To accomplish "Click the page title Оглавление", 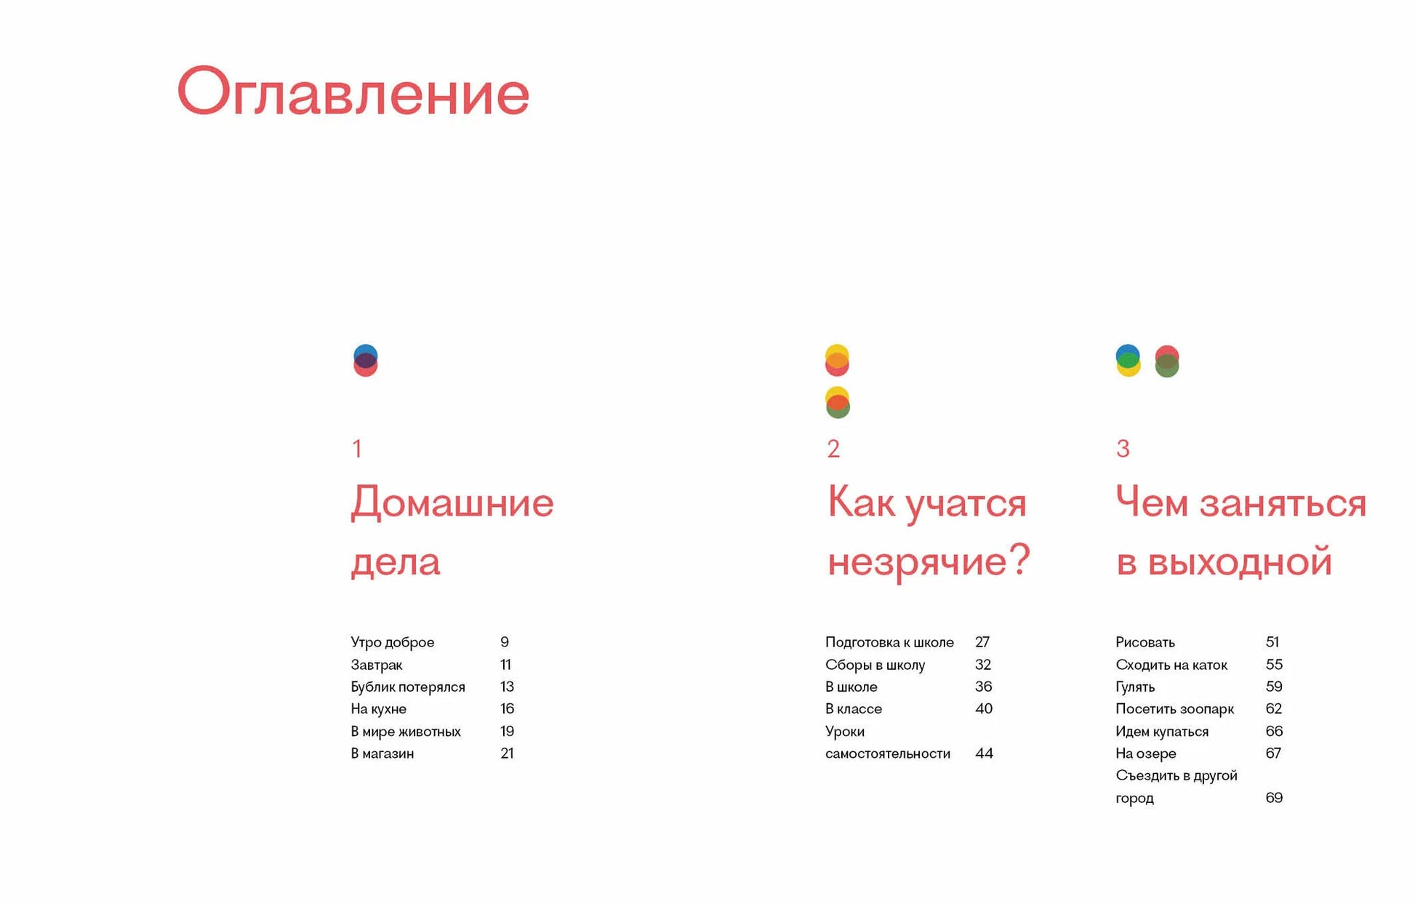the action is pos(353,92).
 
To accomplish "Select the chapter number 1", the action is pos(357,449).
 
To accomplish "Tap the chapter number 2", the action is pos(833,449).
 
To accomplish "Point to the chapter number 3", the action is pos(1123,449).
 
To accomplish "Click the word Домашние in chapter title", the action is pos(452,504).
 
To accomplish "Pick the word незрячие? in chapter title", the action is pos(929,561).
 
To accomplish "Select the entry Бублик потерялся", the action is pos(408,687).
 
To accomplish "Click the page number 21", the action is pos(507,753).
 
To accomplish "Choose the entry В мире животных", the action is pos(406,731).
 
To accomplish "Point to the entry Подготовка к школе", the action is pos(889,642).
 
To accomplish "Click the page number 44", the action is pos(984,753).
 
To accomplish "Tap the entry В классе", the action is pos(854,709).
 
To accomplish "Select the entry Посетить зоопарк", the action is pos(1175,709).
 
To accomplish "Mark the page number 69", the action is pos(1274,798).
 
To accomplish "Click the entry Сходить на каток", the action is pos(1171,665).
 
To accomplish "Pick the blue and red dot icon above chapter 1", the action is pos(366,361).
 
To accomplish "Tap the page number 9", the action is pos(505,642).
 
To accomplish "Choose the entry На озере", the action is pos(1146,753).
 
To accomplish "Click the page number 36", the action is pos(984,687).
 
